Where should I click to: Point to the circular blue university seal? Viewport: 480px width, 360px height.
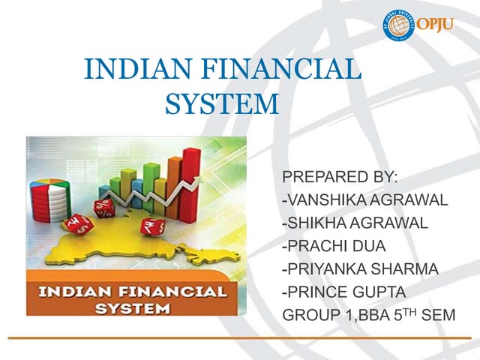click(399, 25)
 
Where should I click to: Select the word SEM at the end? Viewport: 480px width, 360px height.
click(439, 316)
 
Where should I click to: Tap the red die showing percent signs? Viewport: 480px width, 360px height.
click(103, 208)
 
